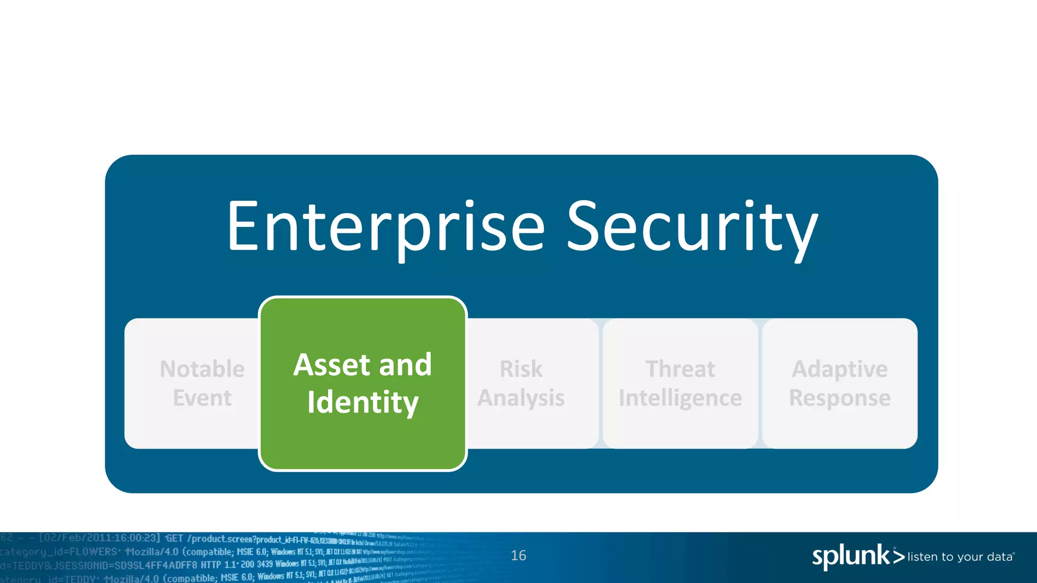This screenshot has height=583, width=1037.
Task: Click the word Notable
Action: click(x=202, y=369)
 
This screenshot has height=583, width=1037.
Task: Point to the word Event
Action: click(x=202, y=398)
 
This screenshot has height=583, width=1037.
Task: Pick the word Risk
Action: click(x=521, y=369)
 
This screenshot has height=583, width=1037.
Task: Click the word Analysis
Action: click(x=521, y=398)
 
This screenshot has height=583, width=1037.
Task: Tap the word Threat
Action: click(x=680, y=369)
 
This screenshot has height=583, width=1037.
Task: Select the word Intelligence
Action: click(x=680, y=398)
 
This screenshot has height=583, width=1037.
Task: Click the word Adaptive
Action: click(x=840, y=369)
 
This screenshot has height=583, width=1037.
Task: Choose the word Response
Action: click(x=840, y=398)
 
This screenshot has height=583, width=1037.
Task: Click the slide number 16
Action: click(x=518, y=555)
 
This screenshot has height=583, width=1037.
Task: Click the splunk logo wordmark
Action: click(x=851, y=556)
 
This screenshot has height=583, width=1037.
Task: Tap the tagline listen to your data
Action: click(x=960, y=557)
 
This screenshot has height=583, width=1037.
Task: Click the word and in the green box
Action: click(x=405, y=364)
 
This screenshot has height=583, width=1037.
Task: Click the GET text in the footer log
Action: click(x=174, y=538)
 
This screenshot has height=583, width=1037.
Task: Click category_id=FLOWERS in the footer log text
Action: click(x=59, y=552)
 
